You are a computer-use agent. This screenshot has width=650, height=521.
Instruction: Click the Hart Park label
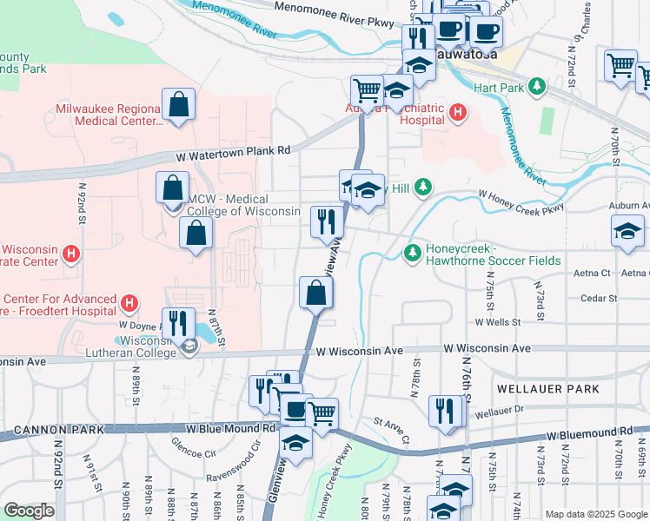pyautogui.click(x=498, y=88)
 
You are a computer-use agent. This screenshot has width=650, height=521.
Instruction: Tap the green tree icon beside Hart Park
pyautogui.click(x=537, y=87)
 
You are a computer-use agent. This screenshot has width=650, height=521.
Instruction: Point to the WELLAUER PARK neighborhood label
pyautogui.click(x=547, y=389)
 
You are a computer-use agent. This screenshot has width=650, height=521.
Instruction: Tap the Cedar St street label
pyautogui.click(x=599, y=299)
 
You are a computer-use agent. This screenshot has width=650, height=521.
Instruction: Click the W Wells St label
pyautogui.click(x=497, y=322)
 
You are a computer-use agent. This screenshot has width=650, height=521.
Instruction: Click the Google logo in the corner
pyautogui.click(x=29, y=511)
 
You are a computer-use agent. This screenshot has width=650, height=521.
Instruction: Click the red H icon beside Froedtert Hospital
pyautogui.click(x=129, y=304)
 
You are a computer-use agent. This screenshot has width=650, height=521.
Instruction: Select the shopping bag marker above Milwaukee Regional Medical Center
pyautogui.click(x=178, y=105)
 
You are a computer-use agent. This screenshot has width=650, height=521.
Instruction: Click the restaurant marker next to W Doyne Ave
pyautogui.click(x=179, y=323)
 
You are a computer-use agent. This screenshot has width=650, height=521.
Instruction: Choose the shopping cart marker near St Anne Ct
pyautogui.click(x=322, y=412)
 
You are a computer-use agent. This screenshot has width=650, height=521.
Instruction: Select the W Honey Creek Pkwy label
pyautogui.click(x=521, y=201)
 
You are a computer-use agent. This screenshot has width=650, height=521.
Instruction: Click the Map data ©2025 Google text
pyautogui.click(x=596, y=514)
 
